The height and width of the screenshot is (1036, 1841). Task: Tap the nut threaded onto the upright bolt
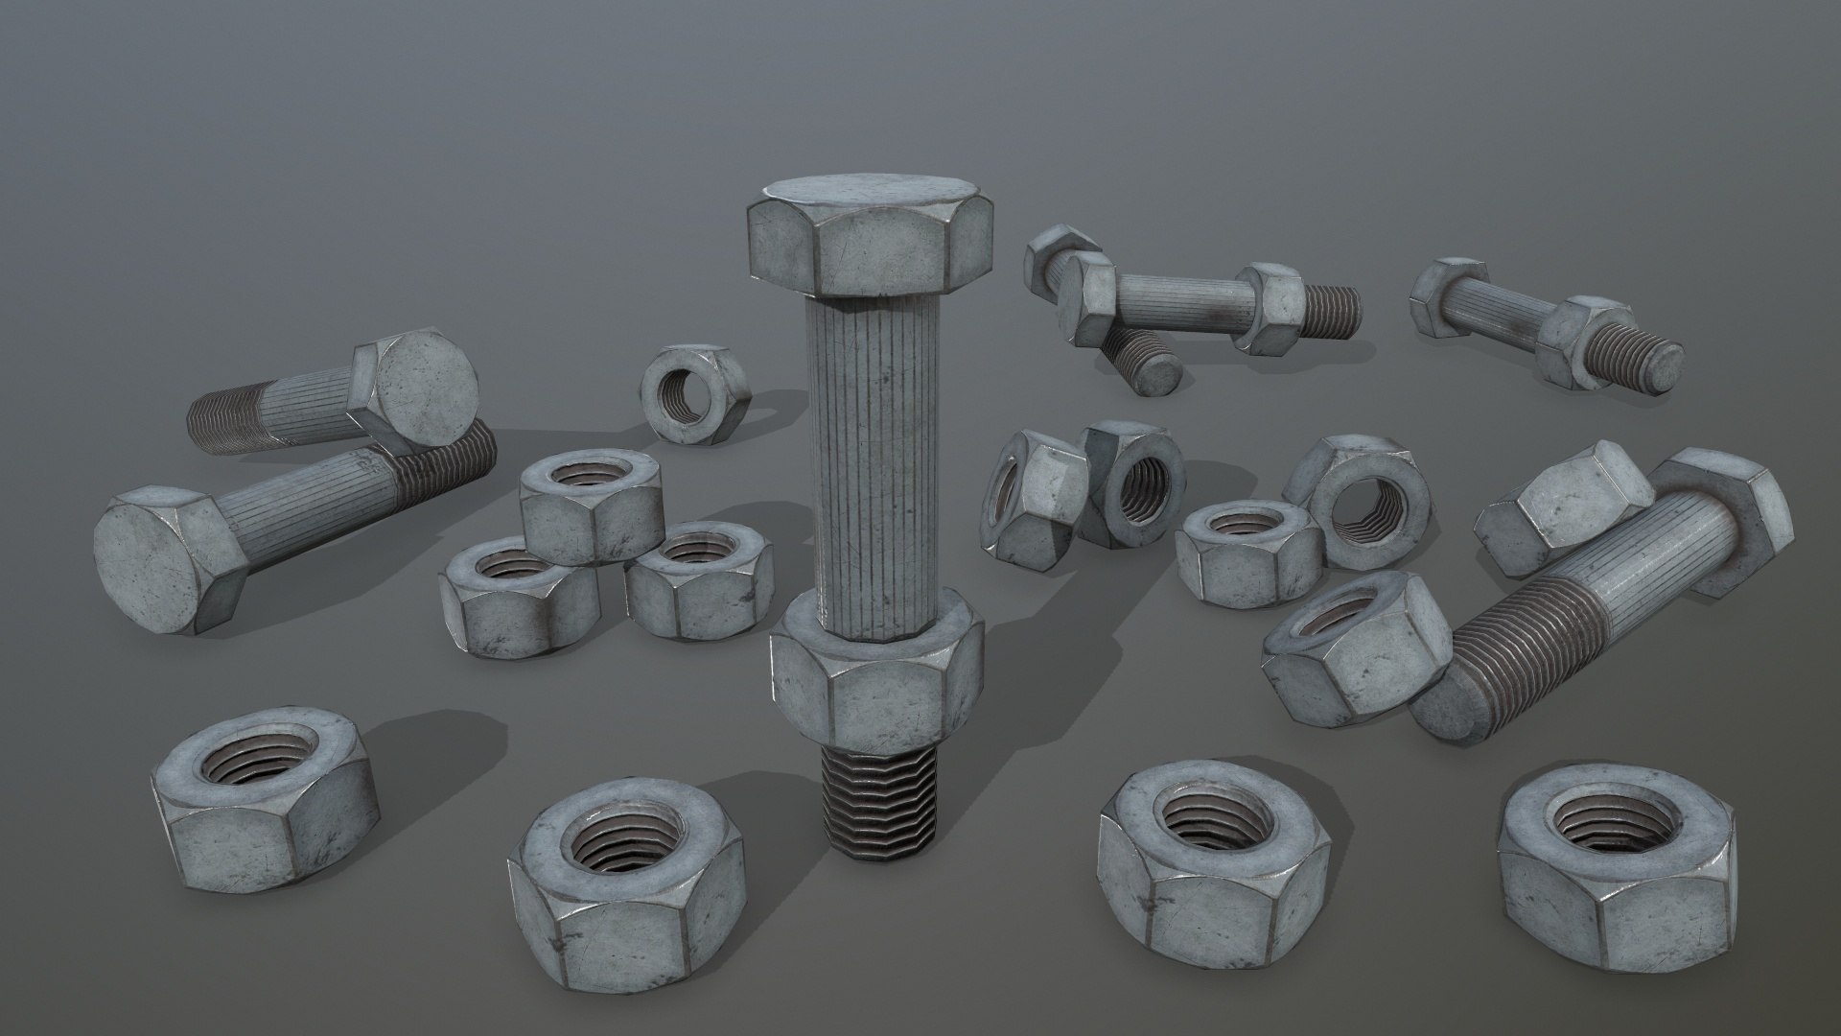(x=877, y=676)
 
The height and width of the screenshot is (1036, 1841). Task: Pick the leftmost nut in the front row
(x=264, y=796)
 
